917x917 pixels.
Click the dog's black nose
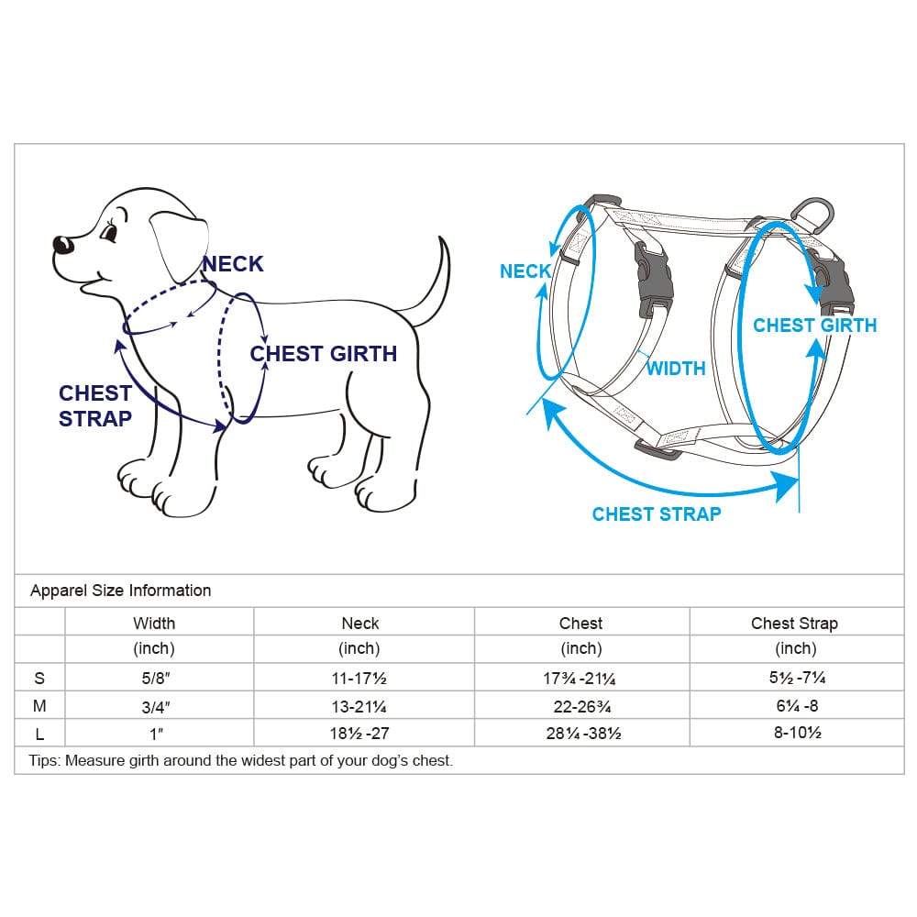point(62,245)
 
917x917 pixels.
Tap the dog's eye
point(109,232)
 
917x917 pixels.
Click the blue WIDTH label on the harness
point(676,369)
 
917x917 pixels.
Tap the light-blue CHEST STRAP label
point(657,514)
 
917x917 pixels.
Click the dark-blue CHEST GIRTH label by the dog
point(324,354)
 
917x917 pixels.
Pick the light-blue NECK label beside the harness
point(525,271)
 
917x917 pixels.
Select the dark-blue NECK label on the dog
point(233,264)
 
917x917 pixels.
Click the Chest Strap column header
point(794,624)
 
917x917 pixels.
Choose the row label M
point(39,706)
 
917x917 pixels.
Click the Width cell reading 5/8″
point(156,679)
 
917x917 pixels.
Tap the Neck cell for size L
point(359,734)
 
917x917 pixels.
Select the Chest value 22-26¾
point(582,706)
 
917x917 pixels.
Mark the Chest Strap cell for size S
point(797,678)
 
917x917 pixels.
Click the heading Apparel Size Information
point(120,591)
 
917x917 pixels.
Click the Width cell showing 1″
point(156,734)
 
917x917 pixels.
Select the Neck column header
point(360,624)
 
